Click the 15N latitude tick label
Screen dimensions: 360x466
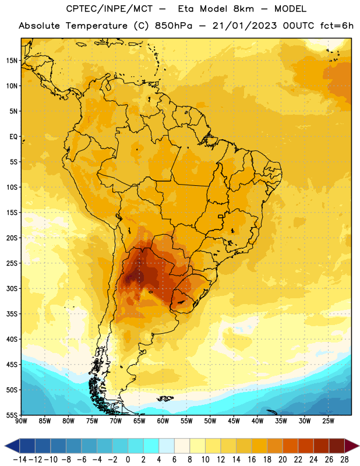(12, 61)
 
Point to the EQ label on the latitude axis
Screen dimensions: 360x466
(13, 137)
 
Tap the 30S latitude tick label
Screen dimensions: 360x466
(12, 288)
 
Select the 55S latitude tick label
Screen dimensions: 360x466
(12, 415)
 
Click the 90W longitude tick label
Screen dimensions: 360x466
(21, 421)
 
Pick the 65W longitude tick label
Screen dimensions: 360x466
(139, 421)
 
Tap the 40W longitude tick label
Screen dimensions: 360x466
(257, 421)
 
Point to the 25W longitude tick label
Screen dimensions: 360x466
(328, 421)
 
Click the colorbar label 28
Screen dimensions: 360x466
(344, 460)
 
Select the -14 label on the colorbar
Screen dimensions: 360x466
(20, 460)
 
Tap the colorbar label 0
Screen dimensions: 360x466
(128, 460)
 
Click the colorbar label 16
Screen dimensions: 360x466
(252, 460)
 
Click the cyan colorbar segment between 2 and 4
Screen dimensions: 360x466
(151, 446)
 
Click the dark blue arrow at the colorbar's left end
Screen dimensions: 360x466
(12, 446)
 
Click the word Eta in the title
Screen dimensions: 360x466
(185, 9)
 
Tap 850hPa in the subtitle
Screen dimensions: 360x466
(174, 26)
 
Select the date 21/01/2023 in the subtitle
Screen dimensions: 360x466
(244, 26)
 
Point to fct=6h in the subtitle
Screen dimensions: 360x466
(337, 26)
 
